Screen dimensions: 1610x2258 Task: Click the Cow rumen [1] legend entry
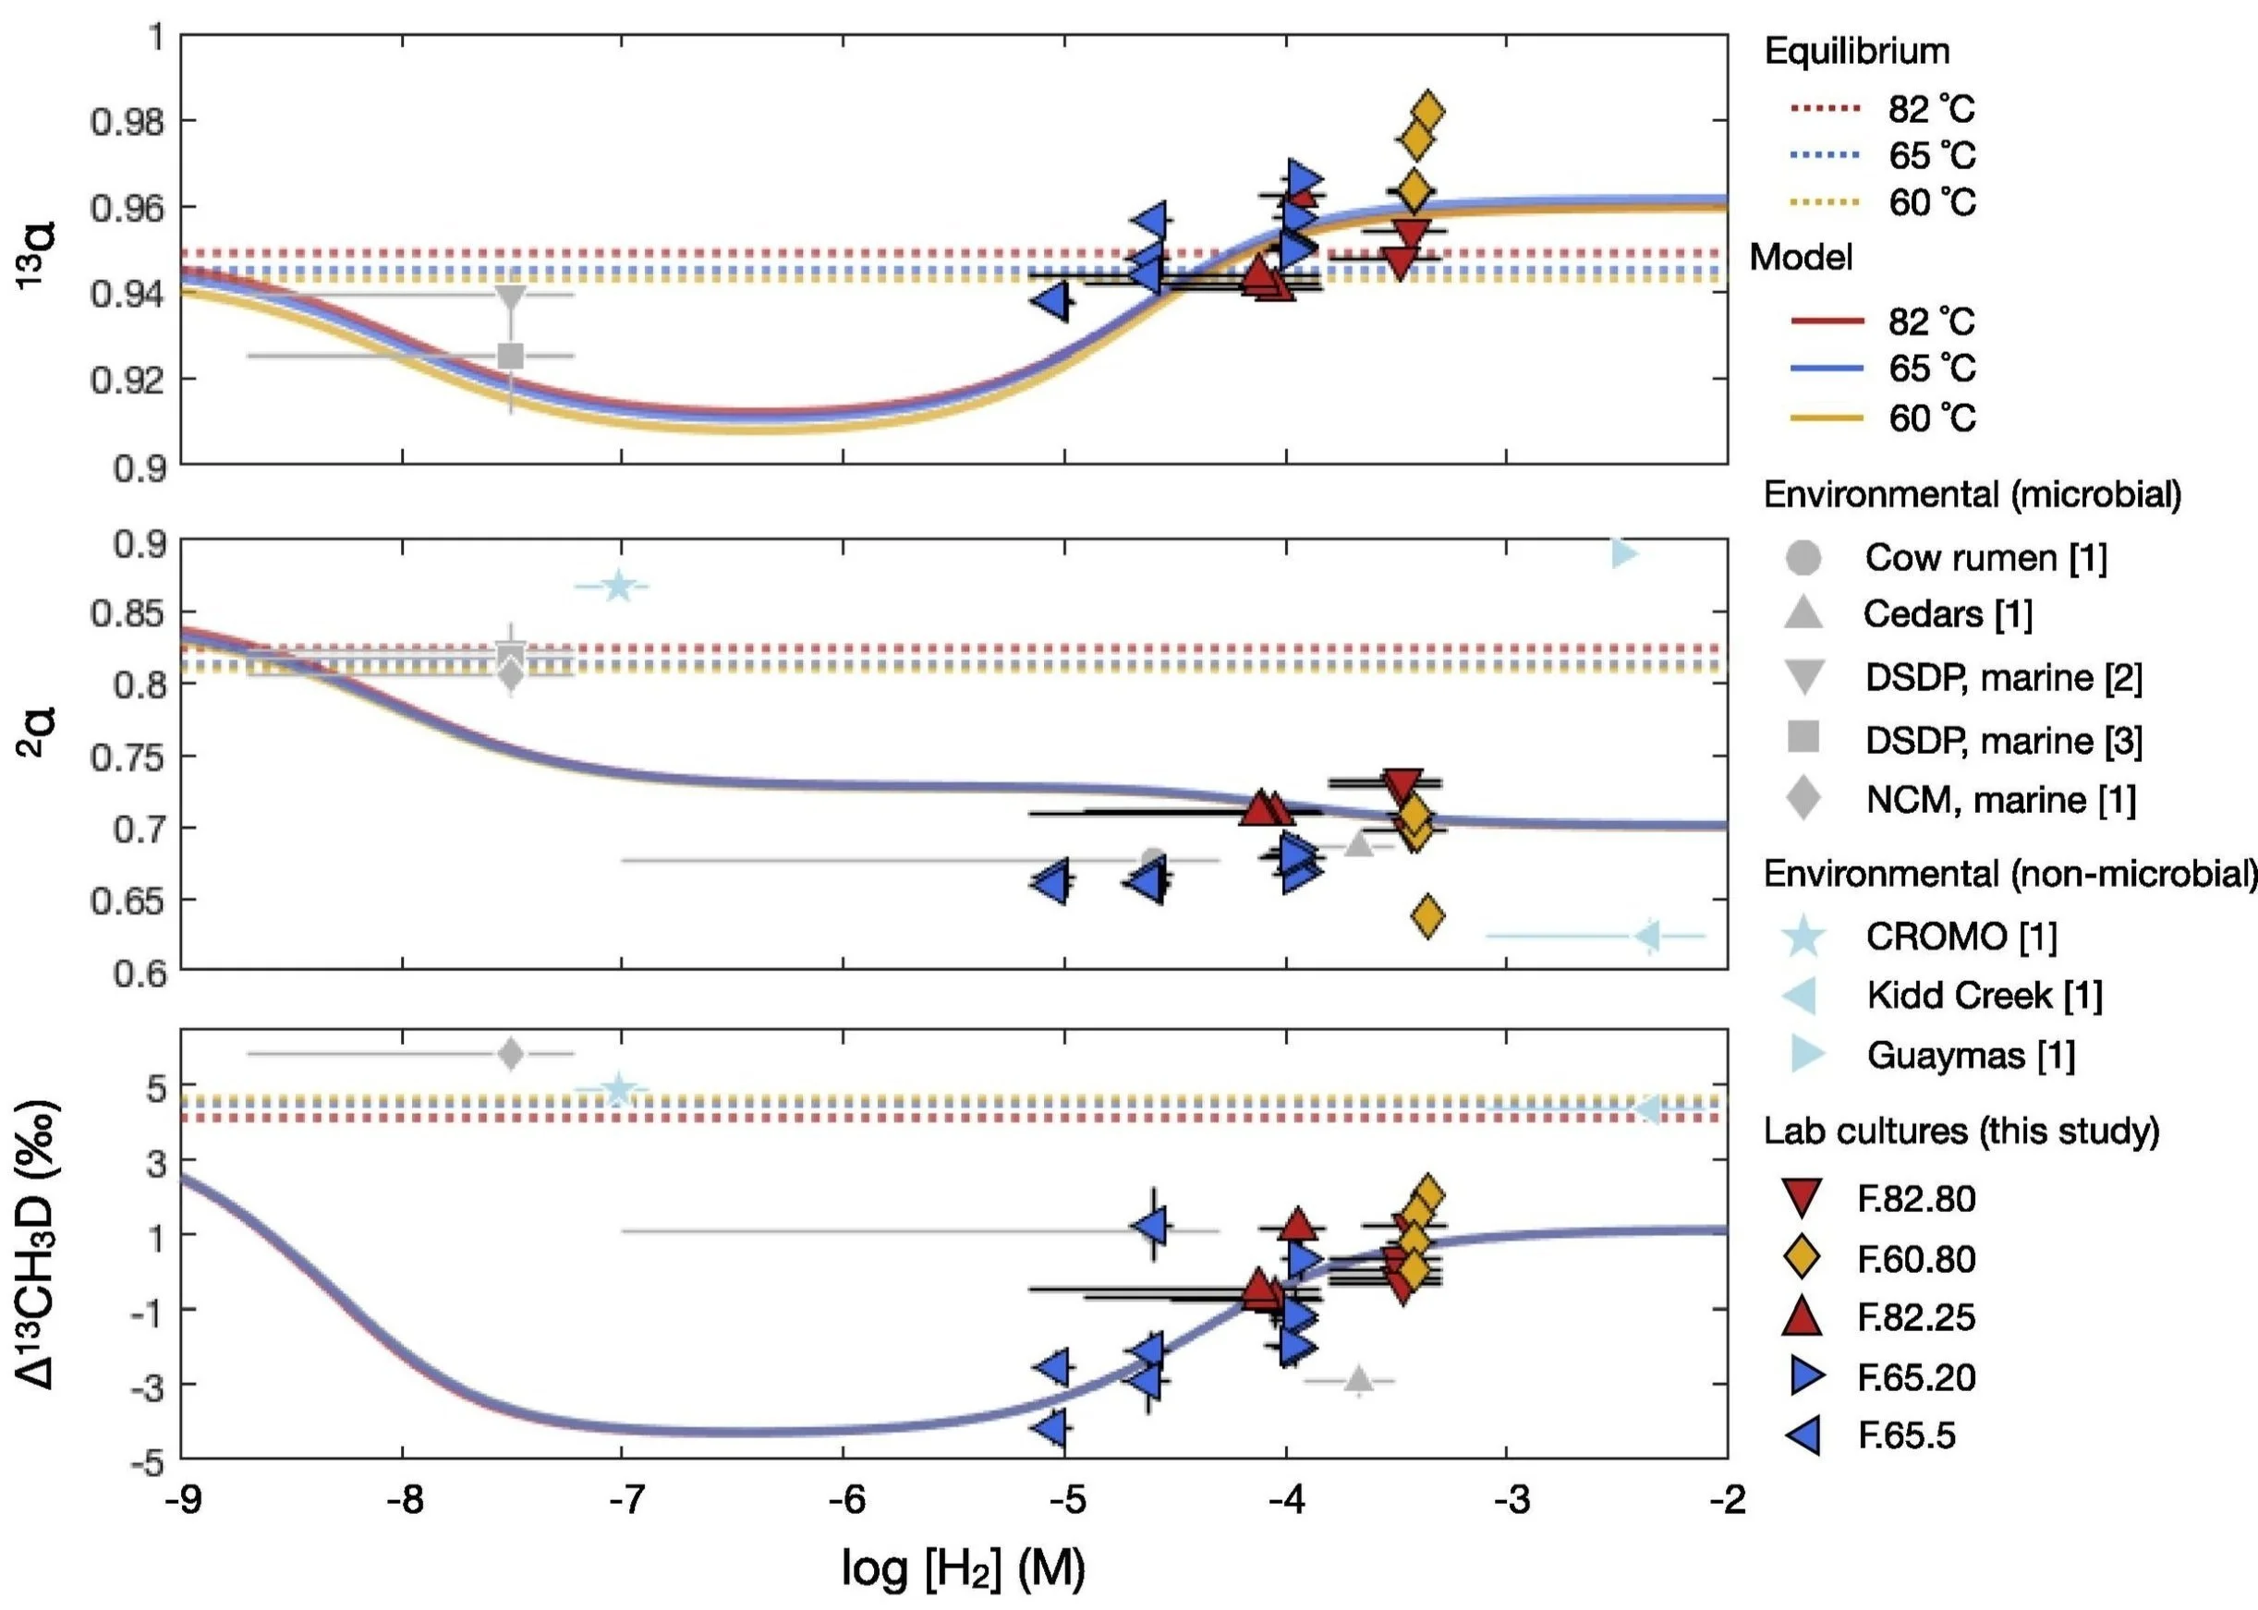tap(1985, 558)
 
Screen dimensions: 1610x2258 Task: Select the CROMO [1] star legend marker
tap(1803, 937)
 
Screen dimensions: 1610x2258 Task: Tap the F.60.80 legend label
tap(1916, 1259)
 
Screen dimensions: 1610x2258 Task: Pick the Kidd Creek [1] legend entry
tap(1984, 996)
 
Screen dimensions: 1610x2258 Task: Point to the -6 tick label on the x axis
tap(846, 1500)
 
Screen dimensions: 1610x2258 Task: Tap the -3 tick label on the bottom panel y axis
tap(141, 1384)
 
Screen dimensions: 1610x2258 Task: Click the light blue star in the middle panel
tap(618, 587)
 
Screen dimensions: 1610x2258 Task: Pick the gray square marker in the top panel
tap(511, 355)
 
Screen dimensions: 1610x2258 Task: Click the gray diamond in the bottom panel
tap(511, 1053)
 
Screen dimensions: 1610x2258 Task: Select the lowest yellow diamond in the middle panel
tap(1427, 916)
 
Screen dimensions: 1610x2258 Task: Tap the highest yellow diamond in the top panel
tap(1427, 111)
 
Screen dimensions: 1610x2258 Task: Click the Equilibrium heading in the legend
tap(1856, 52)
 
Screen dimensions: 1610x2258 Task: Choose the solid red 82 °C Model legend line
tap(1827, 321)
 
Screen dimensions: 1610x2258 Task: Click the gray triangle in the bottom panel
tap(1358, 1379)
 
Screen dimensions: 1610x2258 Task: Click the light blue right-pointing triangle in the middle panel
tap(1622, 553)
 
